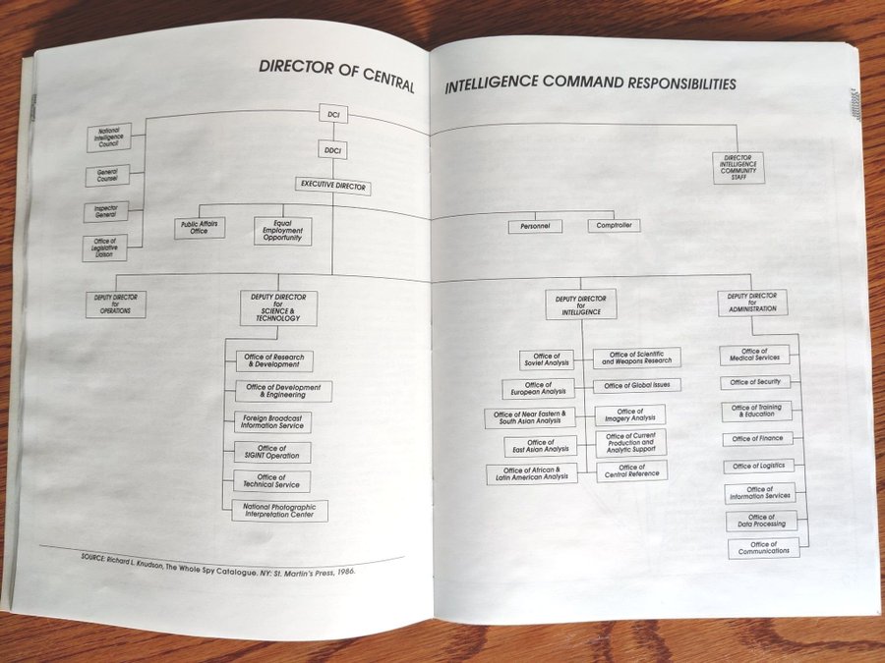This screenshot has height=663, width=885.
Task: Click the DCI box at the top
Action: click(x=332, y=116)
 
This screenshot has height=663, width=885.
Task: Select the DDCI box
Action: click(x=332, y=151)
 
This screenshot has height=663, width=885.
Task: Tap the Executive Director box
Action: click(x=333, y=185)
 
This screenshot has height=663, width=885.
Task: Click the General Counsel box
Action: click(x=107, y=176)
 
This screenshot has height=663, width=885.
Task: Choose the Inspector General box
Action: click(x=106, y=211)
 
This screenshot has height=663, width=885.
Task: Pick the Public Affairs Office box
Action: click(x=201, y=227)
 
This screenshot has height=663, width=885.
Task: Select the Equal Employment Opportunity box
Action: click(x=282, y=231)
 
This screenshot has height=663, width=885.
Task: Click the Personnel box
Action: click(x=535, y=226)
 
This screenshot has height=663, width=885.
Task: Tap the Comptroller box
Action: click(x=614, y=226)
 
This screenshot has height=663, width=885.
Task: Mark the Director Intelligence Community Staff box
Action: click(x=739, y=167)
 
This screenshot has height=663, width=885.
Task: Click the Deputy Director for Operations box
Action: click(x=115, y=304)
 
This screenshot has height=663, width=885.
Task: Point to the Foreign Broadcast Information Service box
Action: click(x=272, y=422)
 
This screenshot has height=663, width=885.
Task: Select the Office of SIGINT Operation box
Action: click(x=272, y=452)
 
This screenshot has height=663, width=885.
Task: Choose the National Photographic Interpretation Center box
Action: click(x=279, y=511)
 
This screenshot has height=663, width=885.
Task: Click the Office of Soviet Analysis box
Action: click(x=546, y=360)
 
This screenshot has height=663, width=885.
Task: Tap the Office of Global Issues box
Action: click(x=637, y=386)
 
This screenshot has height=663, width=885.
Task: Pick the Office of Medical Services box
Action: click(x=755, y=355)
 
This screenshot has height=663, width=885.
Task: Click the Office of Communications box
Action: click(x=764, y=548)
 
